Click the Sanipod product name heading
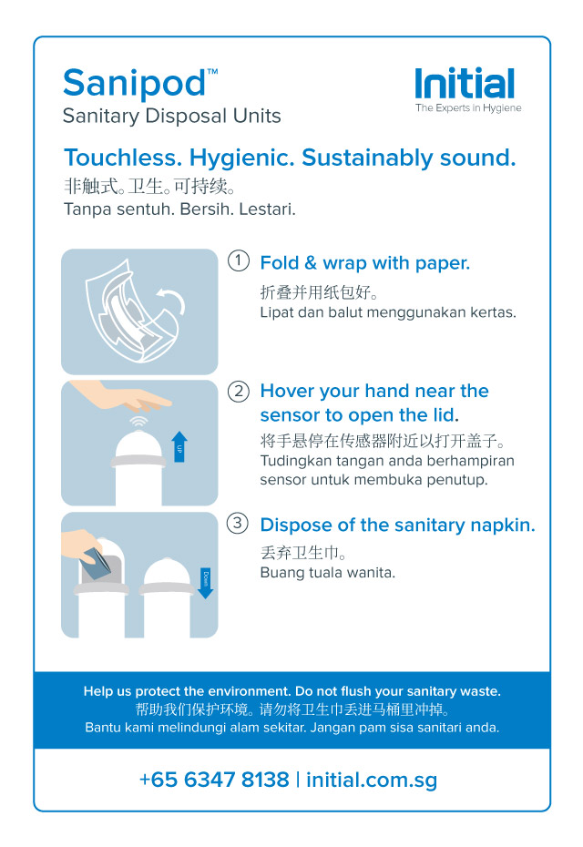[x=135, y=85]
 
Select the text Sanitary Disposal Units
[x=171, y=117]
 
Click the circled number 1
[x=238, y=261]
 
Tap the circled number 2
[x=238, y=392]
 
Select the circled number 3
[x=238, y=524]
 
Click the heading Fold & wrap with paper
[x=364, y=263]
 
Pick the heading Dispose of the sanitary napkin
[x=397, y=525]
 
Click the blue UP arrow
[x=179, y=446]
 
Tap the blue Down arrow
[x=205, y=581]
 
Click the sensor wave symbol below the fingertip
[x=138, y=422]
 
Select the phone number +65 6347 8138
[x=214, y=780]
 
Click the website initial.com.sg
[x=372, y=780]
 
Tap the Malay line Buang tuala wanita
[x=327, y=573]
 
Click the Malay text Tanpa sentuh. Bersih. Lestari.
[x=179, y=209]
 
